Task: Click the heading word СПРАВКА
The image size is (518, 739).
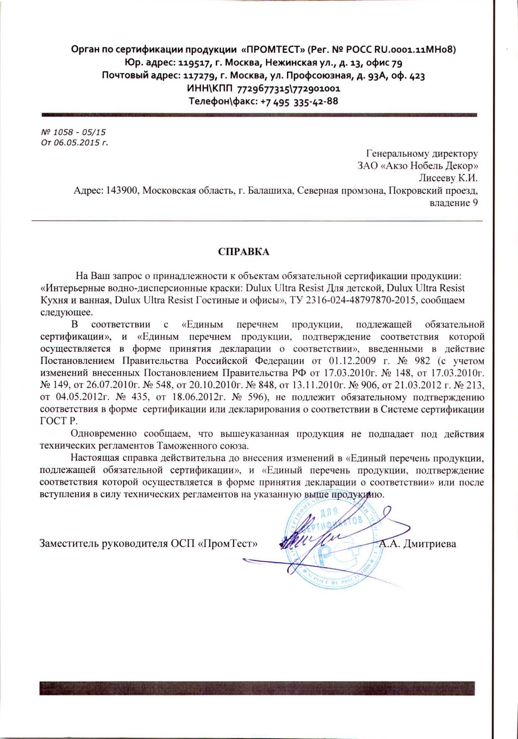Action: [x=244, y=252]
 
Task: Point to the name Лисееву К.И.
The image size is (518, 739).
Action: [x=449, y=178]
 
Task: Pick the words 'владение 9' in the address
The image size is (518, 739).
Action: [x=454, y=203]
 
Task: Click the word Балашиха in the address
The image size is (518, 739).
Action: [x=269, y=191]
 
